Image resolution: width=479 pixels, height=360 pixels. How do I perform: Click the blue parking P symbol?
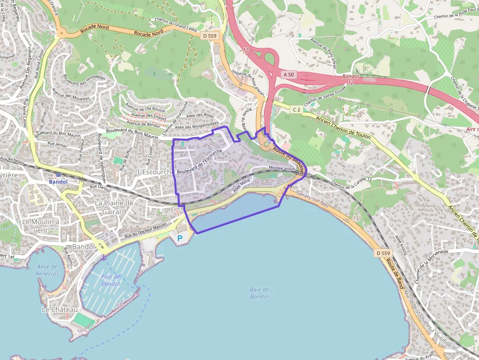pyautogui.click(x=179, y=238)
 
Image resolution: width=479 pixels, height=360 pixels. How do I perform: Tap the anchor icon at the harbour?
pyautogui.click(x=103, y=257)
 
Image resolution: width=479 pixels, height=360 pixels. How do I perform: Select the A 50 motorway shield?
pyautogui.click(x=288, y=74)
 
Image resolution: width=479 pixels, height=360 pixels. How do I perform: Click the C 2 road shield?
pyautogui.click(x=296, y=110)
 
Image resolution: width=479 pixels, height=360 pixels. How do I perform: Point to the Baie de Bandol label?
pyautogui.click(x=259, y=293)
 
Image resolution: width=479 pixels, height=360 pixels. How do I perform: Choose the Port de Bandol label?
pyautogui.click(x=110, y=280)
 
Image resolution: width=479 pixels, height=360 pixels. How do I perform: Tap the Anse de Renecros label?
pyautogui.click(x=47, y=270)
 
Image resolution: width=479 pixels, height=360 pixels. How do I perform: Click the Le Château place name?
pyautogui.click(x=60, y=310)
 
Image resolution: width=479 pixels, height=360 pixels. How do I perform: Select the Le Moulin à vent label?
pyautogui.click(x=41, y=225)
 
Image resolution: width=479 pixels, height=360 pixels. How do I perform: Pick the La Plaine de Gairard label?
pyautogui.click(x=114, y=207)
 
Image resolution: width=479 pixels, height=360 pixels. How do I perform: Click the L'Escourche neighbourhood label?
pyautogui.click(x=154, y=172)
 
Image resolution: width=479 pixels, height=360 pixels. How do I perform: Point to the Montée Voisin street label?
pyautogui.click(x=283, y=168)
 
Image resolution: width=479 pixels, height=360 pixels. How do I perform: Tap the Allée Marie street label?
pyautogui.click(x=242, y=185)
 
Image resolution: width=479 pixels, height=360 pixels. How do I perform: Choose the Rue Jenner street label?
pyautogui.click(x=57, y=144)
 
